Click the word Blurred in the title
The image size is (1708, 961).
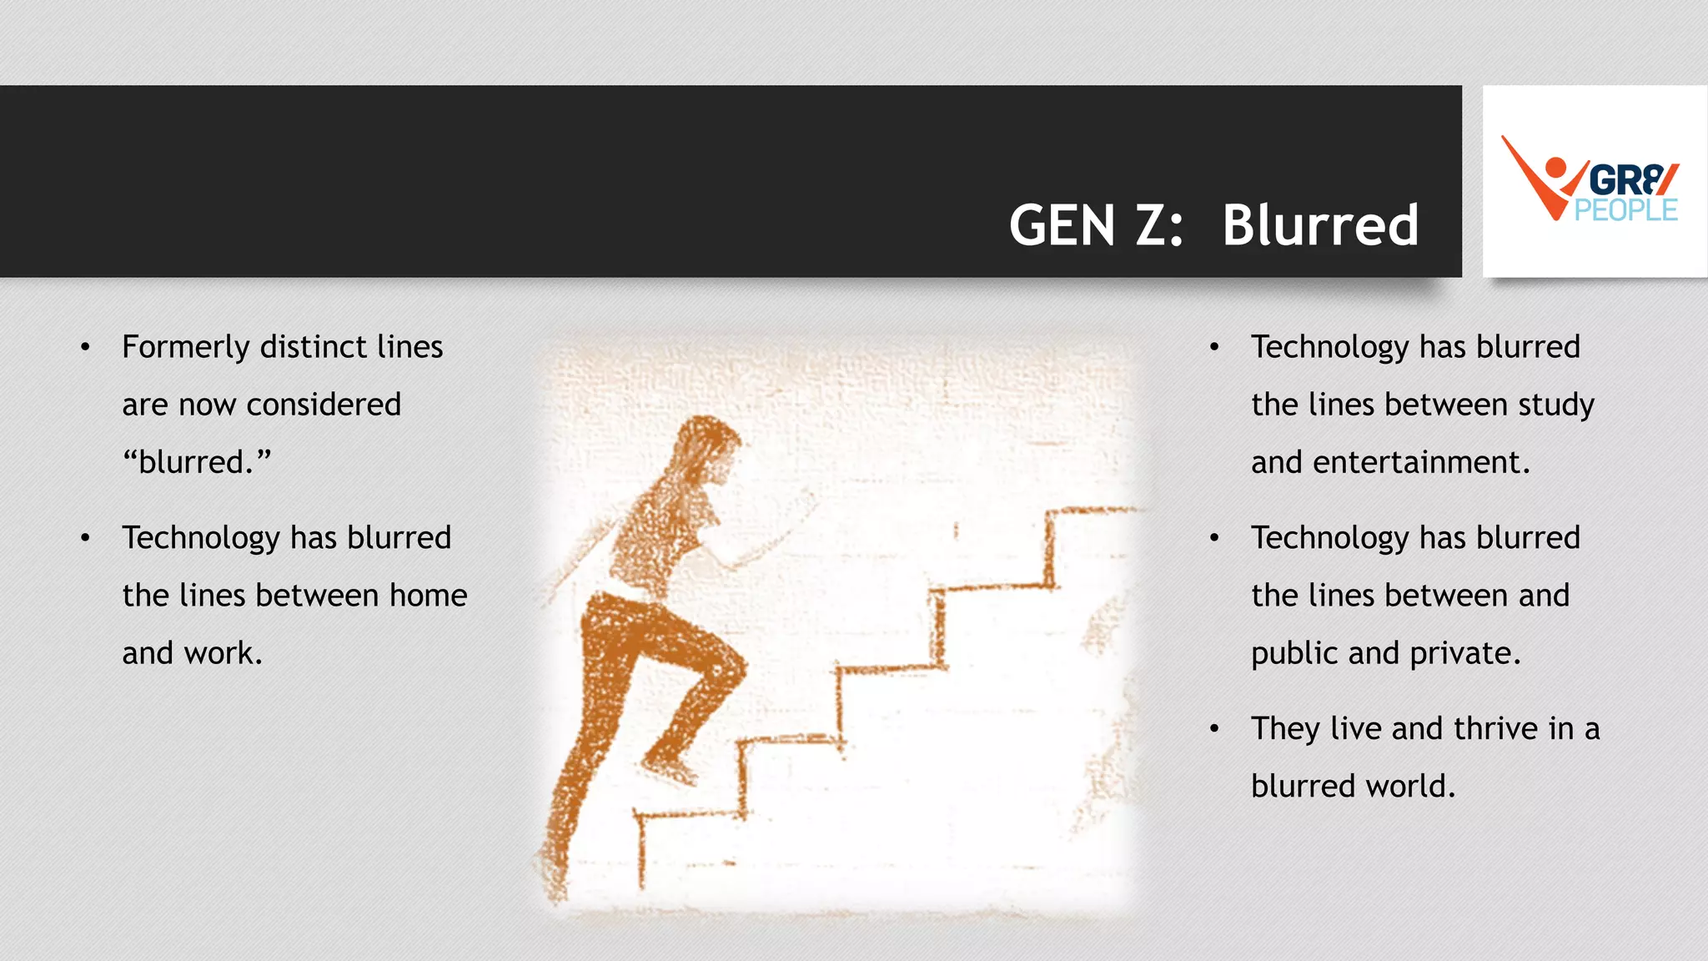tap(1320, 225)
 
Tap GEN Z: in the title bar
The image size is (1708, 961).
tap(1096, 225)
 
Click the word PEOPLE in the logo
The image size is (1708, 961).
tap(1625, 210)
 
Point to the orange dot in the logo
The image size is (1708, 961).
tap(1555, 168)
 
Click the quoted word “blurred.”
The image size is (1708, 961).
tap(197, 462)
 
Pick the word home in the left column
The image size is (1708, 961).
tap(428, 596)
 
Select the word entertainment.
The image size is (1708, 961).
tap(1421, 462)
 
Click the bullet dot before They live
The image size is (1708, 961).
tap(1214, 729)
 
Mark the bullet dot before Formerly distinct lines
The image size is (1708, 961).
tap(85, 347)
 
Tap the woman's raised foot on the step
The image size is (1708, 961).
tap(671, 768)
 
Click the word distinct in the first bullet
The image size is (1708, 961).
tap(314, 347)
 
